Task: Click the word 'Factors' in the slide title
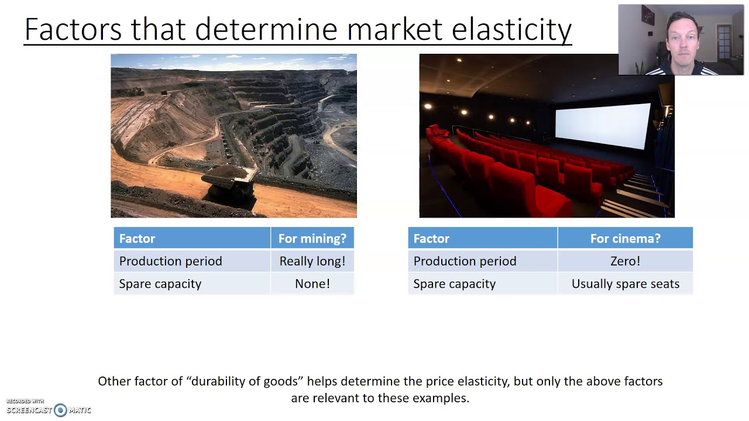(73, 29)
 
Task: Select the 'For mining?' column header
(312, 239)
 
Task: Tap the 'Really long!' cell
(312, 261)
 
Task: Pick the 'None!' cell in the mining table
(312, 284)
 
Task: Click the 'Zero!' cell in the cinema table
(625, 261)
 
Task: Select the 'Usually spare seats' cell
(625, 284)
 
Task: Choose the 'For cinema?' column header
(625, 239)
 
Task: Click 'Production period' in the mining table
(170, 261)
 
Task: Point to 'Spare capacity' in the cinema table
(454, 284)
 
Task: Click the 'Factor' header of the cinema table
(431, 239)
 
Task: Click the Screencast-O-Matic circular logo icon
(60, 410)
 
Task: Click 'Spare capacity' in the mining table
(160, 284)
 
